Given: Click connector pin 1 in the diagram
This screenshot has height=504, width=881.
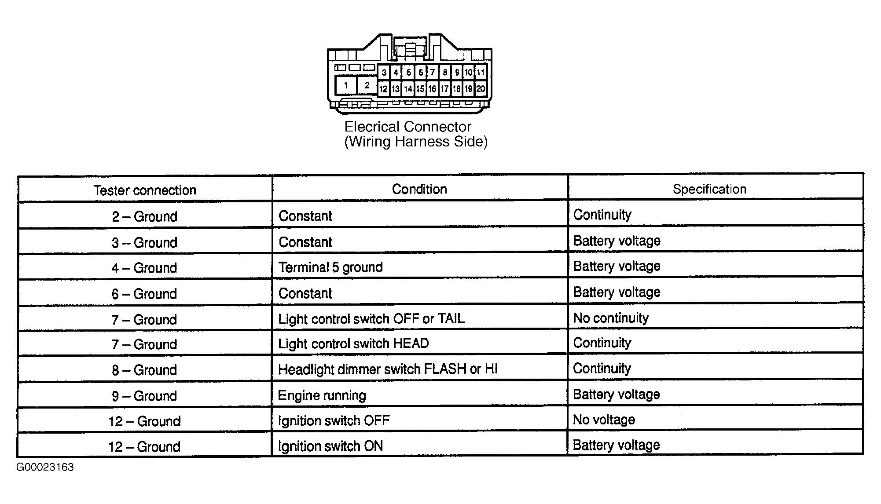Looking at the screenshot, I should coord(346,85).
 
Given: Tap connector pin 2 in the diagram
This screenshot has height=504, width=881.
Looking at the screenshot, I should coord(367,85).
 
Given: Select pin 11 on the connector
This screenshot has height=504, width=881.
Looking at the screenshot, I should coord(481,72).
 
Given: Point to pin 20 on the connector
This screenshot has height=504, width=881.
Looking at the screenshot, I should coord(481,89).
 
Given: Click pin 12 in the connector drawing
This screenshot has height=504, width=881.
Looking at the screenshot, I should coord(383,89).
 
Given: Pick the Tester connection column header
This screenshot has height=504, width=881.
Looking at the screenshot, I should coord(145,190).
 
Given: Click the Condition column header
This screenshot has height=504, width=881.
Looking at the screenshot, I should coord(419,189).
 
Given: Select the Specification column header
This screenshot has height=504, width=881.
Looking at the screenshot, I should coord(709,189).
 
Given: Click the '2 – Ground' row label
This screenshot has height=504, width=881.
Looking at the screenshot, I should coord(145,216).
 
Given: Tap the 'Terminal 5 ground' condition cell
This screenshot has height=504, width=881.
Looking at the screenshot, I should coord(330,267).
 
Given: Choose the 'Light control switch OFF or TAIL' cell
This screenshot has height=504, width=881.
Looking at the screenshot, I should coord(371,318).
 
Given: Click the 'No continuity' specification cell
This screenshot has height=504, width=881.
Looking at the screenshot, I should coord(611,318).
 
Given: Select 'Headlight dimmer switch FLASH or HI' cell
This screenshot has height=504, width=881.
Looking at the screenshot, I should coord(388,369).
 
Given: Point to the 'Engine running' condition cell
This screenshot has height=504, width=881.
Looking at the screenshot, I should coord(322,395).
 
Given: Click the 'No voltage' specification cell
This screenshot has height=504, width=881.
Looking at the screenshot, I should coord(604,420).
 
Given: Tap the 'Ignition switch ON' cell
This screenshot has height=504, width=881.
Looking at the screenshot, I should coord(330,446).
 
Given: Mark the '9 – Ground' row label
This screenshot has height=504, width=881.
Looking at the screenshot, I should coord(145,396).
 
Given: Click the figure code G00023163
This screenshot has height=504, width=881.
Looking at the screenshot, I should coord(45,467).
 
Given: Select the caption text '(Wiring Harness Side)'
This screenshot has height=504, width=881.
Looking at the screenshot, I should coord(416,142).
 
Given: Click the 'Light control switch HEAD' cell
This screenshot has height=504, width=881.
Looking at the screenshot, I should coord(353,343).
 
